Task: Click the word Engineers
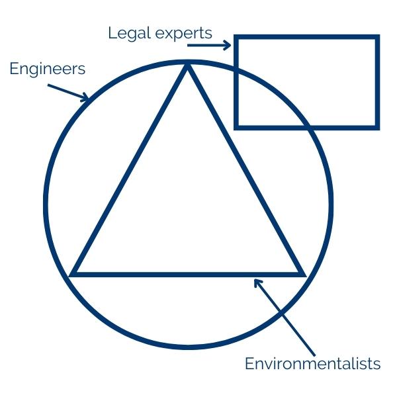click(x=47, y=68)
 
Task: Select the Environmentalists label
click(x=312, y=363)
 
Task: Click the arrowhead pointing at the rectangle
click(x=228, y=46)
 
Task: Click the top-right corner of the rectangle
click(x=377, y=37)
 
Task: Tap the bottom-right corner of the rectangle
click(x=377, y=126)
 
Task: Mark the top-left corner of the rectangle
click(x=236, y=37)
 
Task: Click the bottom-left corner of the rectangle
click(x=236, y=126)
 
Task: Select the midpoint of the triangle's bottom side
click(x=188, y=273)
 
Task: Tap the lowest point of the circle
click(x=189, y=346)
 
